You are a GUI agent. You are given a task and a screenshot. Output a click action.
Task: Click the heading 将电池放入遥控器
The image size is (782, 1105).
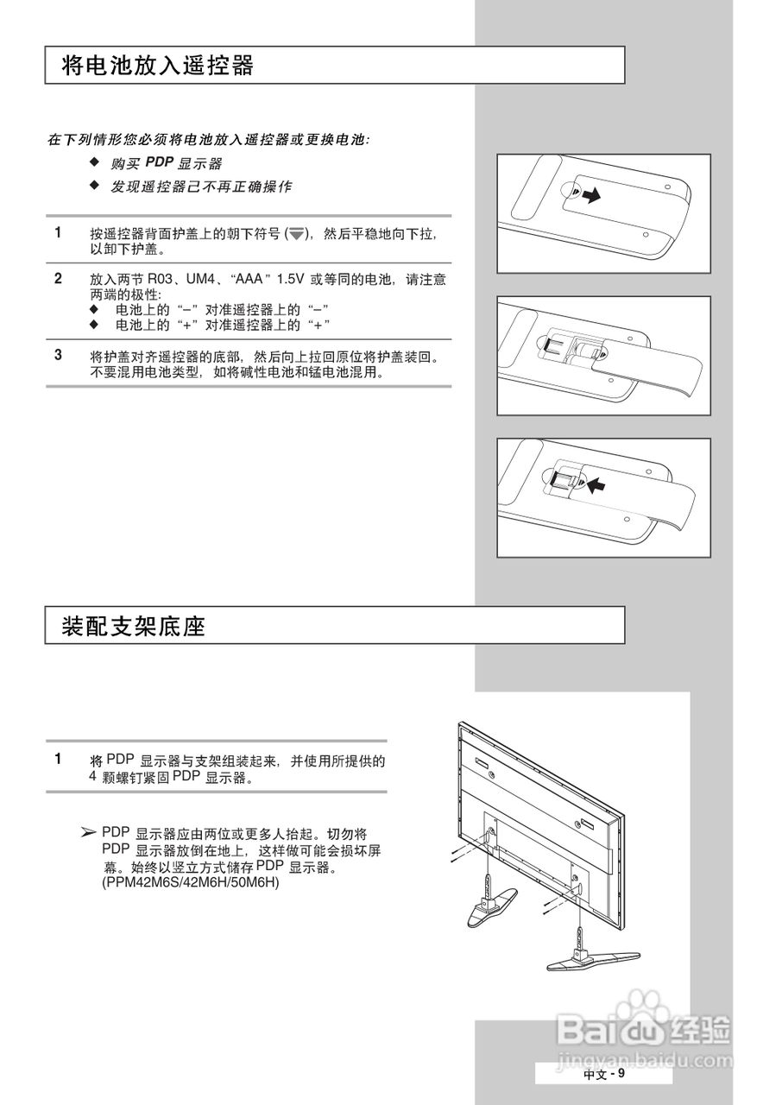pos(158,66)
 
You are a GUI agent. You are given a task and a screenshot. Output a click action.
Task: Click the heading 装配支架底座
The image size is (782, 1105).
pos(134,626)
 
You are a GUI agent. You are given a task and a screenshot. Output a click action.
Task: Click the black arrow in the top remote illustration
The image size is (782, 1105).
pos(590,197)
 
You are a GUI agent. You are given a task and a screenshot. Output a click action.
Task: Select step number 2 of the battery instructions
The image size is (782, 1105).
pos(58,278)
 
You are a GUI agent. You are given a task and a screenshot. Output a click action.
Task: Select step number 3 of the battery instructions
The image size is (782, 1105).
pos(58,354)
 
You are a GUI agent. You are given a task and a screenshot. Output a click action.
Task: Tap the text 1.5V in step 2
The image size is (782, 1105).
pos(291,281)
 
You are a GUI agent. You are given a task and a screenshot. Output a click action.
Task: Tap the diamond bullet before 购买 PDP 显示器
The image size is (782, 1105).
pos(95,162)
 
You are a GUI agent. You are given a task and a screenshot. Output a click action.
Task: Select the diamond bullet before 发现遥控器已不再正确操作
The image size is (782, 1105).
pos(95,186)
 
